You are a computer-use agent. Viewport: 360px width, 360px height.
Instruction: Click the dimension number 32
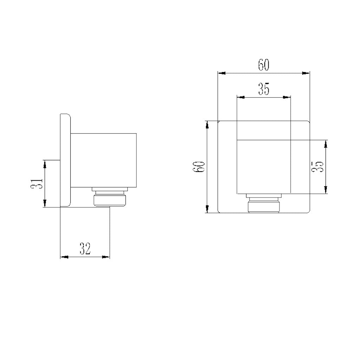tap(85, 249)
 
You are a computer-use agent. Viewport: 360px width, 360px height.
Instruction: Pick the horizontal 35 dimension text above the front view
tap(264, 89)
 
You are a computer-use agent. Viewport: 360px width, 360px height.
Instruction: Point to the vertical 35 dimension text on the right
tap(319, 167)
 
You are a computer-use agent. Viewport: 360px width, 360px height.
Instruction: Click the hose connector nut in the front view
tap(264, 204)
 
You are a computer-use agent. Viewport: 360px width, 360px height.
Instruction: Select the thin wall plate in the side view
tap(65, 160)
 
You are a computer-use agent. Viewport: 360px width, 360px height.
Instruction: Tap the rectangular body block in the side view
tap(104, 160)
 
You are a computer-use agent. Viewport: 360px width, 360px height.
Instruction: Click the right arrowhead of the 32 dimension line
tap(106, 257)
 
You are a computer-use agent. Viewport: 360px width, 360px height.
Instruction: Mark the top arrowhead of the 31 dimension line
tap(45, 163)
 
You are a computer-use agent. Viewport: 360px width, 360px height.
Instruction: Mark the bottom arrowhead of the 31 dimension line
tap(45, 204)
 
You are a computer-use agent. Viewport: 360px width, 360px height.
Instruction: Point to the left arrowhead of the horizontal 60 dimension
tap(222, 73)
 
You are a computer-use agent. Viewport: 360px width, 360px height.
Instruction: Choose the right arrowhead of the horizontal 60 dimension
tap(306, 73)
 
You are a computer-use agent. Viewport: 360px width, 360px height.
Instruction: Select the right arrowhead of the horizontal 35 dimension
tap(287, 97)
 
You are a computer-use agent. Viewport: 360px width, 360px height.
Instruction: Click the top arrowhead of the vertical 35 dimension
tap(326, 144)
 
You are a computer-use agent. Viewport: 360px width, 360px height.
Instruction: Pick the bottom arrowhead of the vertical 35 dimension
tap(326, 190)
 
